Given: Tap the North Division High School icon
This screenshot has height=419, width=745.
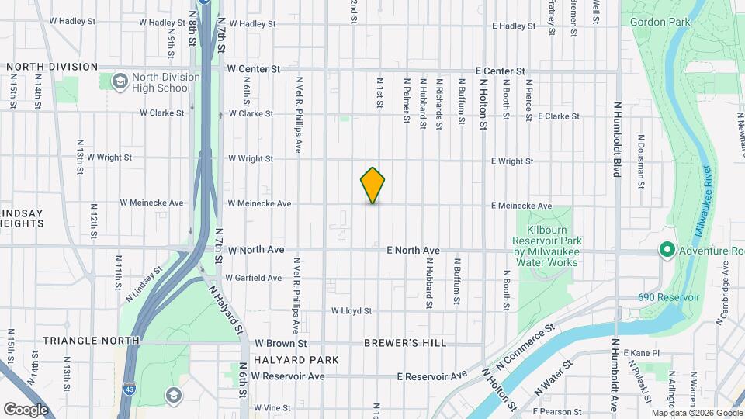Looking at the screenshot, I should click(120, 81).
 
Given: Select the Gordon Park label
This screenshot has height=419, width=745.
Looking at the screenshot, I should click(660, 23).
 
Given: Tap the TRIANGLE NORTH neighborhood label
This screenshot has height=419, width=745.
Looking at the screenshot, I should click(91, 341).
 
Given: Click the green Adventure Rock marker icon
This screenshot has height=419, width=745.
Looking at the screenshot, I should click(667, 250).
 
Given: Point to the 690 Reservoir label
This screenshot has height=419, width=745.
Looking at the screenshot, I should click(669, 297).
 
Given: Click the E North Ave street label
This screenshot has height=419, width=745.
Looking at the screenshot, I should click(414, 251).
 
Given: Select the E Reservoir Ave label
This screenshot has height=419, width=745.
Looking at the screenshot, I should click(432, 376).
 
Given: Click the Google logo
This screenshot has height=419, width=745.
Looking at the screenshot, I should click(26, 409).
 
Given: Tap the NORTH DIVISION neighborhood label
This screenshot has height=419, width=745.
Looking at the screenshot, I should click(53, 67).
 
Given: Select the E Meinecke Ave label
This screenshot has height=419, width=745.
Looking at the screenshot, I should click(521, 206).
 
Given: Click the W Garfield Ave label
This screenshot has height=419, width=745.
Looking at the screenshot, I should click(254, 278).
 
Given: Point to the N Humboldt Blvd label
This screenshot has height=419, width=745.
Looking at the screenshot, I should click(617, 139).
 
